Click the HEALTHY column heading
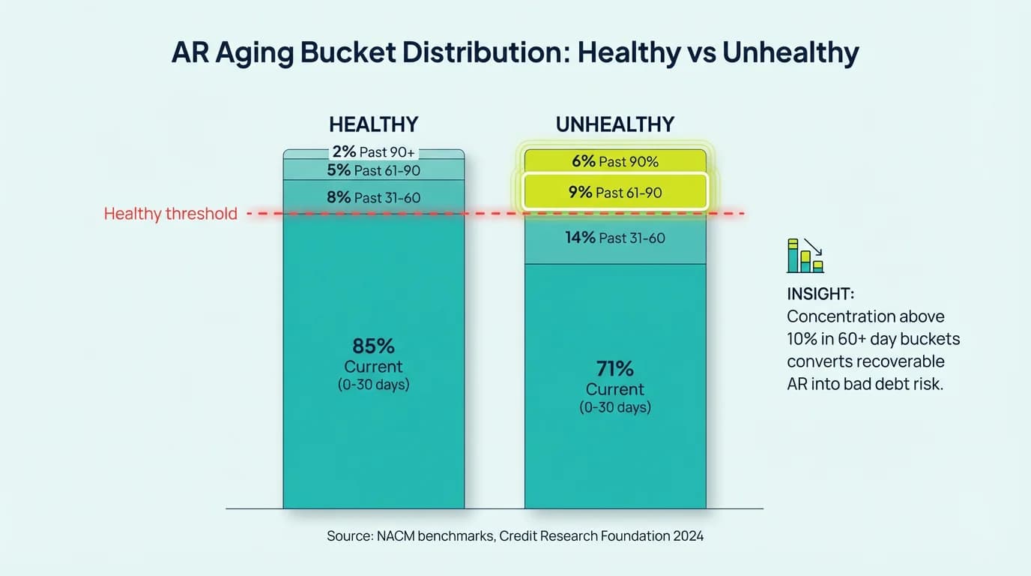point(373,124)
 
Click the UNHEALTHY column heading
point(614,124)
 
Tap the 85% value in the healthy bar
point(373,346)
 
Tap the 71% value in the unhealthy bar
point(614,369)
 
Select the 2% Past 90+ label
point(373,152)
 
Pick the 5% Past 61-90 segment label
point(373,170)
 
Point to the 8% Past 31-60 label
point(373,198)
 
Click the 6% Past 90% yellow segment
point(614,161)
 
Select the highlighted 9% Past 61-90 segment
point(614,193)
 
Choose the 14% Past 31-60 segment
point(614,238)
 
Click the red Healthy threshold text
point(170,214)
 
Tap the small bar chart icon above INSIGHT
point(805,256)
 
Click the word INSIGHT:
point(820,293)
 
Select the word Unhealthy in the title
point(790,53)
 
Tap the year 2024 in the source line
point(687,536)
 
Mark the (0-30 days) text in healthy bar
point(373,385)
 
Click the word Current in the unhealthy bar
point(614,389)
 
